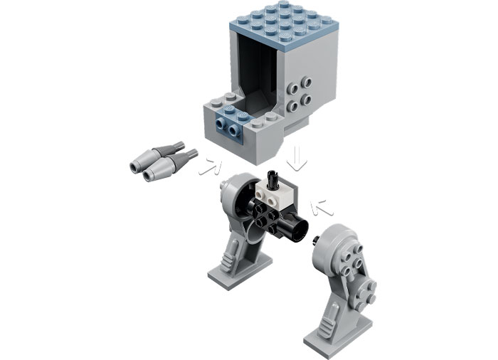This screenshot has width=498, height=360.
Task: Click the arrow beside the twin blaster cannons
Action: click(209, 166)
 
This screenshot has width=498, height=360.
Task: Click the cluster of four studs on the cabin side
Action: click(297, 97)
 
